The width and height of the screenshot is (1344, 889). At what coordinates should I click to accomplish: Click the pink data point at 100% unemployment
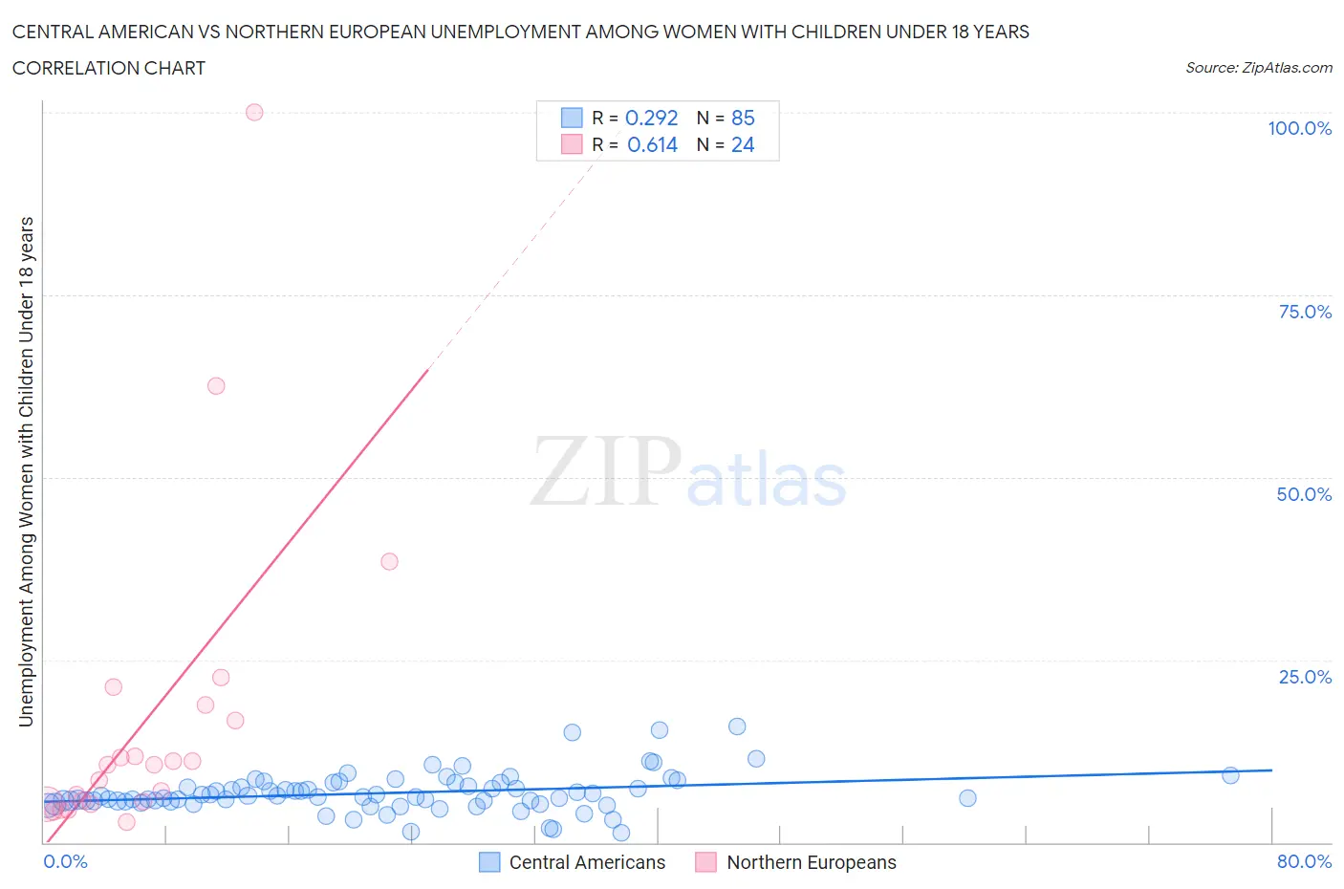(254, 112)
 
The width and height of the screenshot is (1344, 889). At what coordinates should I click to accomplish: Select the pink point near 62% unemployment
(216, 386)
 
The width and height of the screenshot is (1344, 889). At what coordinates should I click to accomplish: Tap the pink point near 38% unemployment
(389, 561)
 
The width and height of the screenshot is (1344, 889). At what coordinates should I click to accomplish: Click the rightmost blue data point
(1230, 775)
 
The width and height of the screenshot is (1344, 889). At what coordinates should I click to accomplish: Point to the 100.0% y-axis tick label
(1299, 128)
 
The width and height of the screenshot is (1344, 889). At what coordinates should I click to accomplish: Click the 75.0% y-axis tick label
(1305, 312)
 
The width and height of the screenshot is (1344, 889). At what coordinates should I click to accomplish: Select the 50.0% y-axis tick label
(1304, 494)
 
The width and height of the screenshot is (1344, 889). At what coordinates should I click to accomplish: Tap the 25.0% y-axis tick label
(1305, 677)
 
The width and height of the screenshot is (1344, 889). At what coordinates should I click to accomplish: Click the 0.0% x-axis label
(65, 861)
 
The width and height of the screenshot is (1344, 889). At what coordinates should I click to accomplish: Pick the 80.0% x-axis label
(1304, 861)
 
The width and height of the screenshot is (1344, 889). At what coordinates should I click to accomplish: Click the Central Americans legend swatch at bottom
(489, 862)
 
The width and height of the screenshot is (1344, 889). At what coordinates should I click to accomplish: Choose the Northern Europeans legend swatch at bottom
(706, 862)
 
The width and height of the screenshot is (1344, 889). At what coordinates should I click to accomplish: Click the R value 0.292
(651, 118)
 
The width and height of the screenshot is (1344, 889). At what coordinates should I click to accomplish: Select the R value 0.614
(652, 144)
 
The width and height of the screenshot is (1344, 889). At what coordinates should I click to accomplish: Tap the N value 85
(743, 118)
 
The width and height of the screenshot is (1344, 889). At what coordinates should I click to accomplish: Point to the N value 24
(743, 144)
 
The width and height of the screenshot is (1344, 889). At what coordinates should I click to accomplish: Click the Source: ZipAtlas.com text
(1258, 68)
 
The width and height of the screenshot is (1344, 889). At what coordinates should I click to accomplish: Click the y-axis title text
(26, 471)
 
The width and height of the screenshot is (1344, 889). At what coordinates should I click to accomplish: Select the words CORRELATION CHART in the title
(109, 68)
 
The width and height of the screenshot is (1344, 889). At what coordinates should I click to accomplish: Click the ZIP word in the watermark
(605, 471)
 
